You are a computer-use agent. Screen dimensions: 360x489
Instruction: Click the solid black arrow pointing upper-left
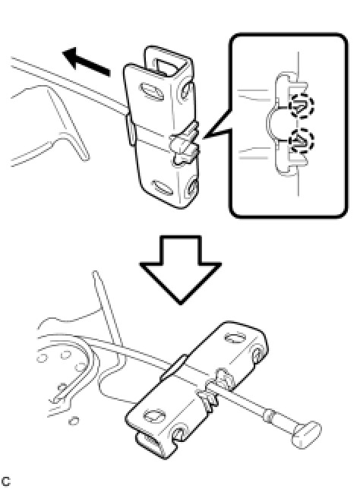[87, 62]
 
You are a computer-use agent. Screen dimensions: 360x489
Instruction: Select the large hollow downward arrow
[180, 269]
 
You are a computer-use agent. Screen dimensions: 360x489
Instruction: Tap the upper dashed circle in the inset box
[302, 106]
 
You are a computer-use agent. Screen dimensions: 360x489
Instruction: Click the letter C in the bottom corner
[5, 481]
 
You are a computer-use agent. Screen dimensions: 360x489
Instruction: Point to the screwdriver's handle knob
[306, 434]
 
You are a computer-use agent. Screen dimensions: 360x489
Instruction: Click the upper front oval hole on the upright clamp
[152, 91]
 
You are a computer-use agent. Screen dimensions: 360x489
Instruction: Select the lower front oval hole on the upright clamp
[162, 188]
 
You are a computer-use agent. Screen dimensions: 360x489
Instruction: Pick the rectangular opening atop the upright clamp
[168, 68]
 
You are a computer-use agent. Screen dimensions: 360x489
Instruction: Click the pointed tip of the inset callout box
[203, 138]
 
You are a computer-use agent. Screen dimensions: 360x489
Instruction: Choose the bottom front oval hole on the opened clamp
[154, 415]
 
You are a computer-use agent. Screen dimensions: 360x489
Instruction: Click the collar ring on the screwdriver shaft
[269, 415]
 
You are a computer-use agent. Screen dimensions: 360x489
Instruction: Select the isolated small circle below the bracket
[74, 421]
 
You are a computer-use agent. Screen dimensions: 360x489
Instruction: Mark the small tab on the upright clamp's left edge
[131, 129]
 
